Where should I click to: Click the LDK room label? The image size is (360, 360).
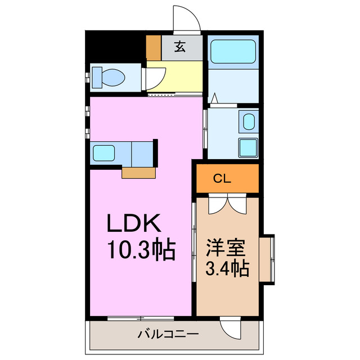(x=135, y=224)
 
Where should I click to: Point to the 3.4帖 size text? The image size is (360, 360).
(x=228, y=269)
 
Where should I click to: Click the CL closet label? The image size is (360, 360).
(x=222, y=179)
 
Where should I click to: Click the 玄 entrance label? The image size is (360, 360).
(x=179, y=47)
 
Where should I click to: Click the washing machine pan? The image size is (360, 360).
(x=247, y=147)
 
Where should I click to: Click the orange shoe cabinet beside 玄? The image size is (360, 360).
(x=154, y=48)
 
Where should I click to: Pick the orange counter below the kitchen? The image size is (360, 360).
(x=138, y=173)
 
